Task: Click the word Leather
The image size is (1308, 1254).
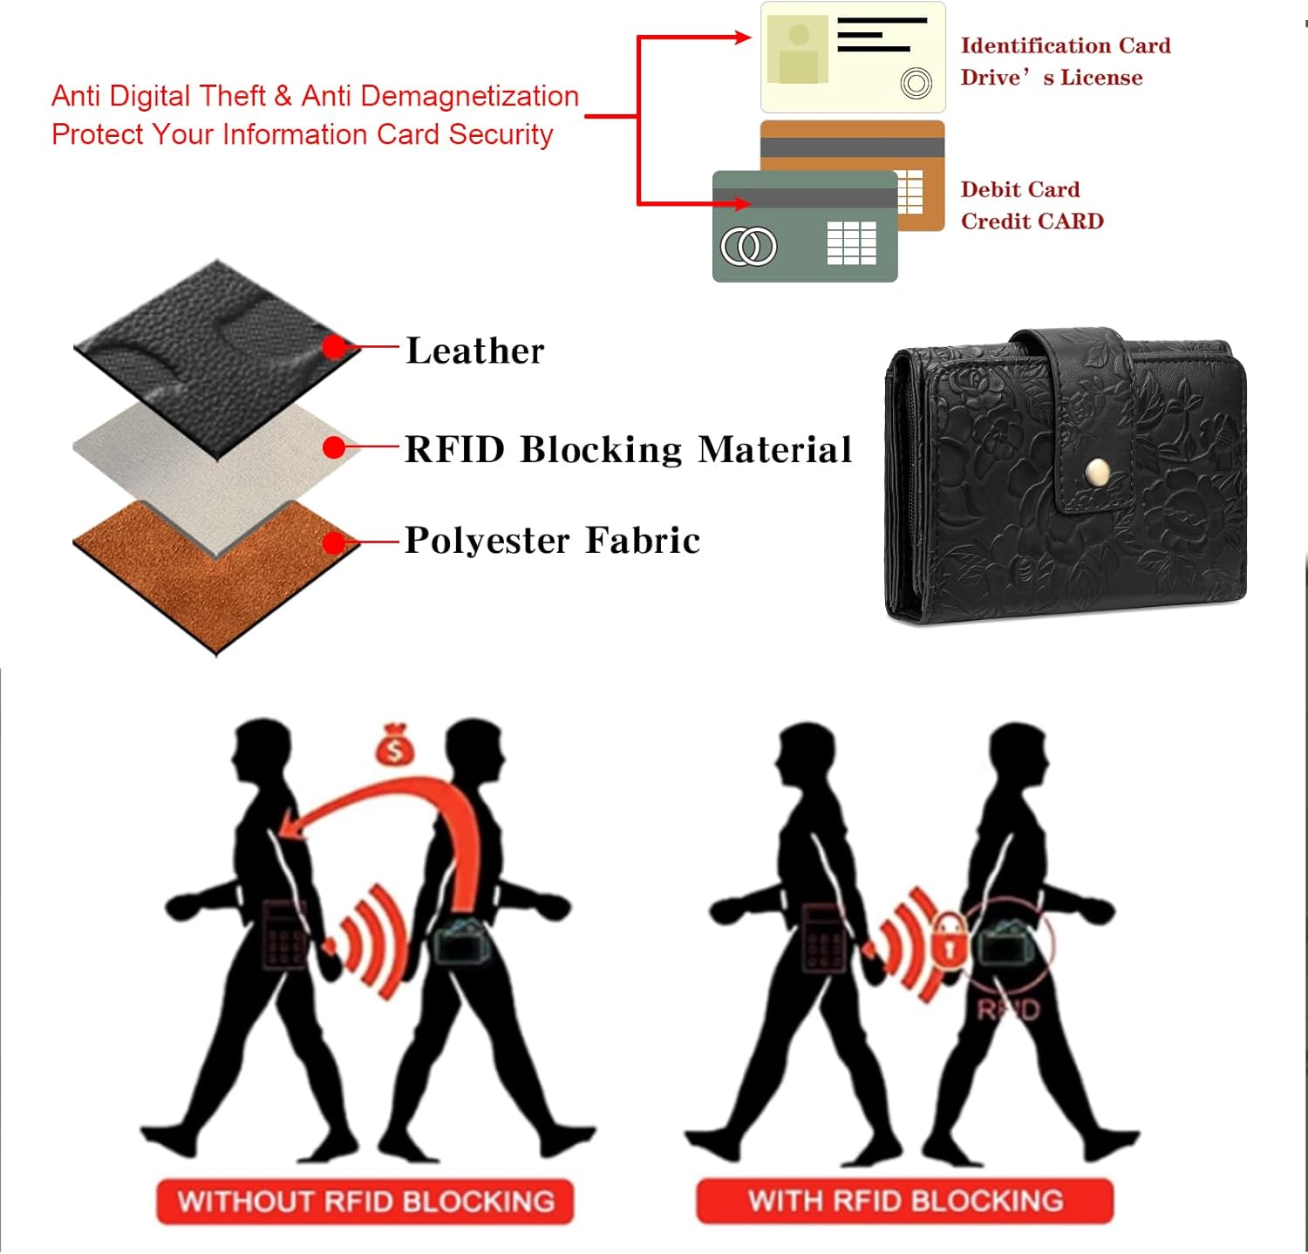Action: click(x=475, y=351)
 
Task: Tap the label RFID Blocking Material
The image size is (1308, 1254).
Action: click(x=629, y=449)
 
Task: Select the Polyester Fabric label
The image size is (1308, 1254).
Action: click(x=553, y=541)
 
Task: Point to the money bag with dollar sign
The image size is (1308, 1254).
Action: click(x=395, y=746)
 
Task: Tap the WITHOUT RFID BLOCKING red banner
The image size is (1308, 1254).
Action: click(x=365, y=1201)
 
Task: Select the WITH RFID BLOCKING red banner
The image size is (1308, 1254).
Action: click(x=904, y=1201)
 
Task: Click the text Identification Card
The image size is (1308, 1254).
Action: click(x=1066, y=45)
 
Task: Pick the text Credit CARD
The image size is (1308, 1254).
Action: click(x=1032, y=221)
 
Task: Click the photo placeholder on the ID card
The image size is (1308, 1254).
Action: click(x=798, y=51)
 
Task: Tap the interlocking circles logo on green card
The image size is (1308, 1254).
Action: click(x=748, y=246)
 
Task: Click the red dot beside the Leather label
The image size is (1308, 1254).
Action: click(x=334, y=347)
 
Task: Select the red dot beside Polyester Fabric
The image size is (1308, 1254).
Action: click(x=334, y=543)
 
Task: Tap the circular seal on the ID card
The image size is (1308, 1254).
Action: click(x=916, y=84)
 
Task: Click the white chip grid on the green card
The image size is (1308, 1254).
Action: click(x=852, y=242)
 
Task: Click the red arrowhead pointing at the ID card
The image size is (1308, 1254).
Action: click(x=743, y=37)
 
